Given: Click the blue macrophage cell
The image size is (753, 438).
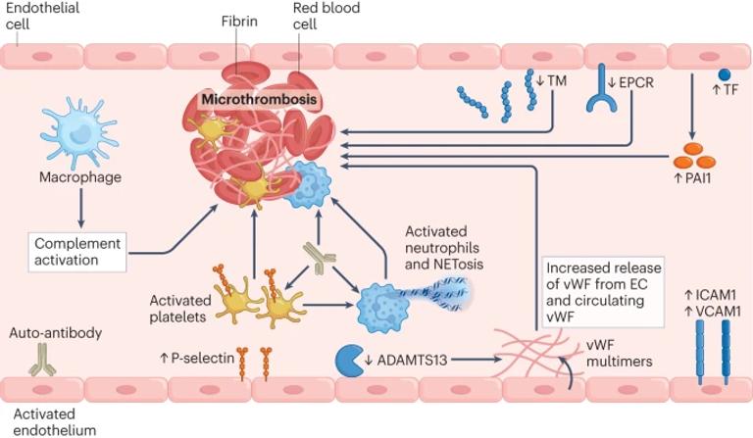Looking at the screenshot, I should [x=81, y=136].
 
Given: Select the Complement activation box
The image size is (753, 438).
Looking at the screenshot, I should [x=77, y=251].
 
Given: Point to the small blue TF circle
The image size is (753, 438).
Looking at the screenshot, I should [x=725, y=74].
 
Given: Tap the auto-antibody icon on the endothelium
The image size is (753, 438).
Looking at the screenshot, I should [x=41, y=365].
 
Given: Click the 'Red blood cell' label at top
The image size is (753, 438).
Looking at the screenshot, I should [x=326, y=17].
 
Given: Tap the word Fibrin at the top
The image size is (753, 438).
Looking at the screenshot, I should [x=240, y=19].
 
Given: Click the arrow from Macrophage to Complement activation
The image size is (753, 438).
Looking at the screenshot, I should [x=81, y=208].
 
